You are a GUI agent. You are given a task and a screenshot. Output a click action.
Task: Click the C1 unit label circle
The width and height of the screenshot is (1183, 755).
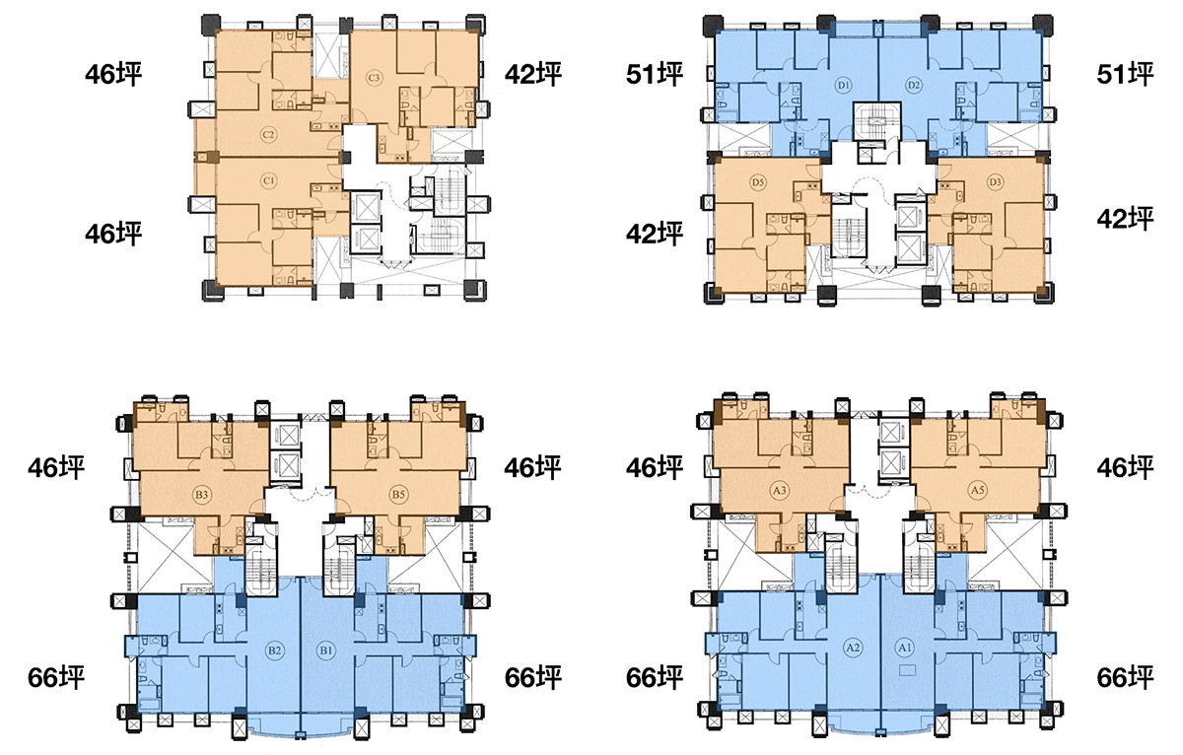pyautogui.click(x=269, y=181)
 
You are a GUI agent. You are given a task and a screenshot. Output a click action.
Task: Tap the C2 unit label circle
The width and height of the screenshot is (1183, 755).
pyautogui.click(x=269, y=135)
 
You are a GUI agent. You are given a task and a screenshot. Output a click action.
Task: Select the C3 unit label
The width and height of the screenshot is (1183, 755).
pyautogui.click(x=374, y=78)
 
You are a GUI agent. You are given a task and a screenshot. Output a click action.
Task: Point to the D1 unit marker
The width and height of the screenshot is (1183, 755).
pyautogui.click(x=843, y=85)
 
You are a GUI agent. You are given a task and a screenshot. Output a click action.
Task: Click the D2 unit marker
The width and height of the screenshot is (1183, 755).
pyautogui.click(x=914, y=85)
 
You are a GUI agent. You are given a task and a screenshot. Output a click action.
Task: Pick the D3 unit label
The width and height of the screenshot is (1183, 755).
pyautogui.click(x=995, y=182)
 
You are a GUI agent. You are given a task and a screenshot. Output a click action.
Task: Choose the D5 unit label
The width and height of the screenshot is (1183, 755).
pyautogui.click(x=758, y=182)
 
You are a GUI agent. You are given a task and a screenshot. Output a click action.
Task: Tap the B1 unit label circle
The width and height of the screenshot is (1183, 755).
pyautogui.click(x=326, y=651)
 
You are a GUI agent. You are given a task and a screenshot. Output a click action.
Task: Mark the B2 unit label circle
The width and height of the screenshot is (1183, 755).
pyautogui.click(x=274, y=651)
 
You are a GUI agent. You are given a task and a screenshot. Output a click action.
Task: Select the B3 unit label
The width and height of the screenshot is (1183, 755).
pyautogui.click(x=202, y=495)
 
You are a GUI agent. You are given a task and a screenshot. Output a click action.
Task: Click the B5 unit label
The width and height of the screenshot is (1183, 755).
pyautogui.click(x=398, y=495)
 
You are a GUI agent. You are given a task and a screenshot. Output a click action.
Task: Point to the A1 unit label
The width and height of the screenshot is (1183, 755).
pyautogui.click(x=905, y=647)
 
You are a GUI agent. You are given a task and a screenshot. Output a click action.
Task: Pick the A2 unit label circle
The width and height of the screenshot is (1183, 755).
pyautogui.click(x=853, y=647)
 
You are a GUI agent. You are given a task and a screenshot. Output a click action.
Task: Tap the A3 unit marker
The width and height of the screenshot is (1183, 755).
pyautogui.click(x=780, y=491)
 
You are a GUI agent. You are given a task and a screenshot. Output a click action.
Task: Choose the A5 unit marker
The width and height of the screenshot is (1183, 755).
pyautogui.click(x=978, y=491)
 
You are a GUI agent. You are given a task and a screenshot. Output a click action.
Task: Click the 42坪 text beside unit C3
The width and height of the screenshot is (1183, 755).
pyautogui.click(x=533, y=75)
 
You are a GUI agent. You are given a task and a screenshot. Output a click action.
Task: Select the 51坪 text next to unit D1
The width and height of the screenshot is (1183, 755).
pyautogui.click(x=655, y=75)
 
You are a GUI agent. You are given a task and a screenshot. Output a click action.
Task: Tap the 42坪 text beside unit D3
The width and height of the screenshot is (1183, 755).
pyautogui.click(x=1125, y=219)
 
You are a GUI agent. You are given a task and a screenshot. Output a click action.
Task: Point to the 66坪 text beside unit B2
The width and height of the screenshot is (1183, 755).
pyautogui.click(x=56, y=678)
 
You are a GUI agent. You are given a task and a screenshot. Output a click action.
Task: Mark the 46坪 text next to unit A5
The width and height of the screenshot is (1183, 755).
pyautogui.click(x=1125, y=468)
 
